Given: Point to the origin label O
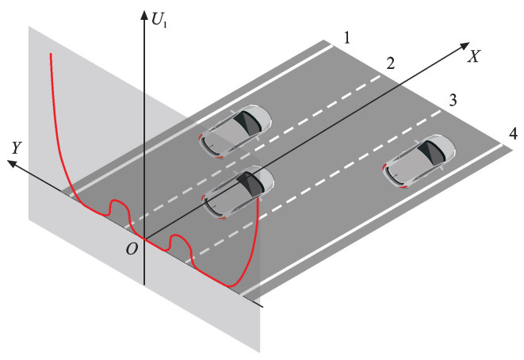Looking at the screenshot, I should [x=132, y=249].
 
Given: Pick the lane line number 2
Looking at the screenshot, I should [x=389, y=63].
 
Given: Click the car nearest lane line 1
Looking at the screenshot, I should [x=235, y=128].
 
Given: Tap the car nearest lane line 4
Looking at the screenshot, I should [x=420, y=162].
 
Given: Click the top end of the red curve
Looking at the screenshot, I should [x=52, y=54].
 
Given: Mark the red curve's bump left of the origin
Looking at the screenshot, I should [x=117, y=204].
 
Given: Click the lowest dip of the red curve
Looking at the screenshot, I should [x=231, y=285].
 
